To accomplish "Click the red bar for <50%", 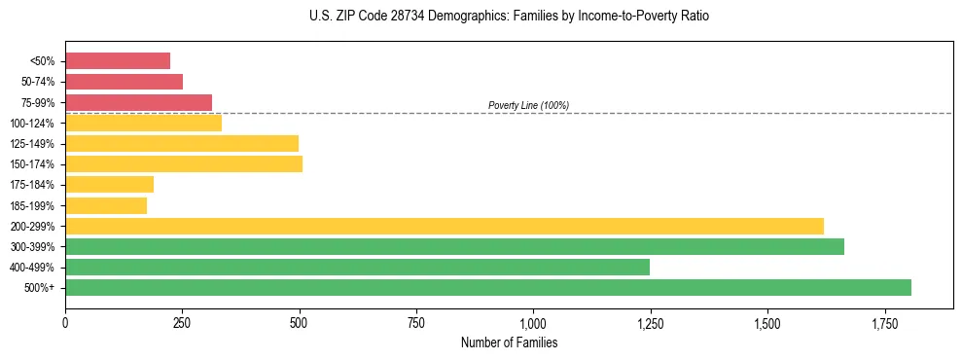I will click(118, 60).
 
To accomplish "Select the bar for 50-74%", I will click(124, 82).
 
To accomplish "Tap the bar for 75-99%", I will click(138, 102).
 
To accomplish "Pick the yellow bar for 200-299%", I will click(445, 226).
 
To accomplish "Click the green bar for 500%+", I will click(488, 287).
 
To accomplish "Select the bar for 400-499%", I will click(357, 267).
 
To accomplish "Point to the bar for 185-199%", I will click(106, 205).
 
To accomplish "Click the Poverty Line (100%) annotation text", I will click(528, 105).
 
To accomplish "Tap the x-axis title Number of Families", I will click(509, 342).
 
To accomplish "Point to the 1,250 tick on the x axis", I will click(650, 321).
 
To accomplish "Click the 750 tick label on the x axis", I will click(416, 321).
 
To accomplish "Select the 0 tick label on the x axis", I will click(65, 321).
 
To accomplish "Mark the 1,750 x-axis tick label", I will click(884, 321).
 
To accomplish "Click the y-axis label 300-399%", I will click(32, 247).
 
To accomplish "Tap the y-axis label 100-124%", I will click(32, 124).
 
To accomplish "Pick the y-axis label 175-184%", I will click(32, 185).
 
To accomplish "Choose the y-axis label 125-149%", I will click(32, 144).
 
